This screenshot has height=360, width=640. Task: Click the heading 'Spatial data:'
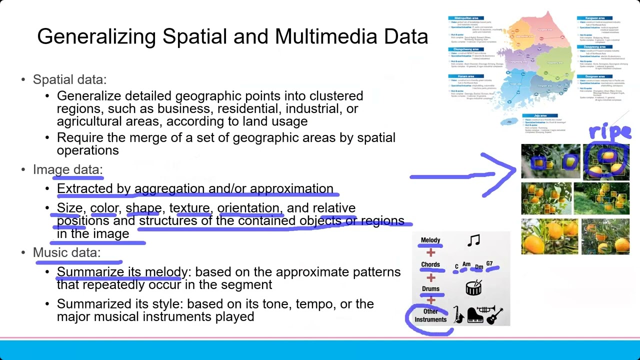click(69, 79)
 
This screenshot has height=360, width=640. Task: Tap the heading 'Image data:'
click(67, 169)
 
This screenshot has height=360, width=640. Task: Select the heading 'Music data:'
click(66, 252)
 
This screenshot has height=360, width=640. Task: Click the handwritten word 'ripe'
click(609, 131)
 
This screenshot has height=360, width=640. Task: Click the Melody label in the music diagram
click(430, 240)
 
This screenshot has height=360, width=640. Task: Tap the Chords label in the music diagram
click(430, 264)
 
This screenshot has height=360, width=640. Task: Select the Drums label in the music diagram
click(430, 288)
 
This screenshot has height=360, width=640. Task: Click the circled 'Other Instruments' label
click(430, 315)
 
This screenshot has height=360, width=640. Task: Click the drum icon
click(473, 287)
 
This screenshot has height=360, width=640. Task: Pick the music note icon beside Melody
click(473, 241)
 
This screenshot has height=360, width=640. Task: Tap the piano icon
click(474, 315)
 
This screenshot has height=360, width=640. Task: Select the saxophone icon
click(458, 315)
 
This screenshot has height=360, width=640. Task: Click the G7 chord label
click(489, 264)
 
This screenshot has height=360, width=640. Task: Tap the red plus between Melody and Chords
click(430, 252)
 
